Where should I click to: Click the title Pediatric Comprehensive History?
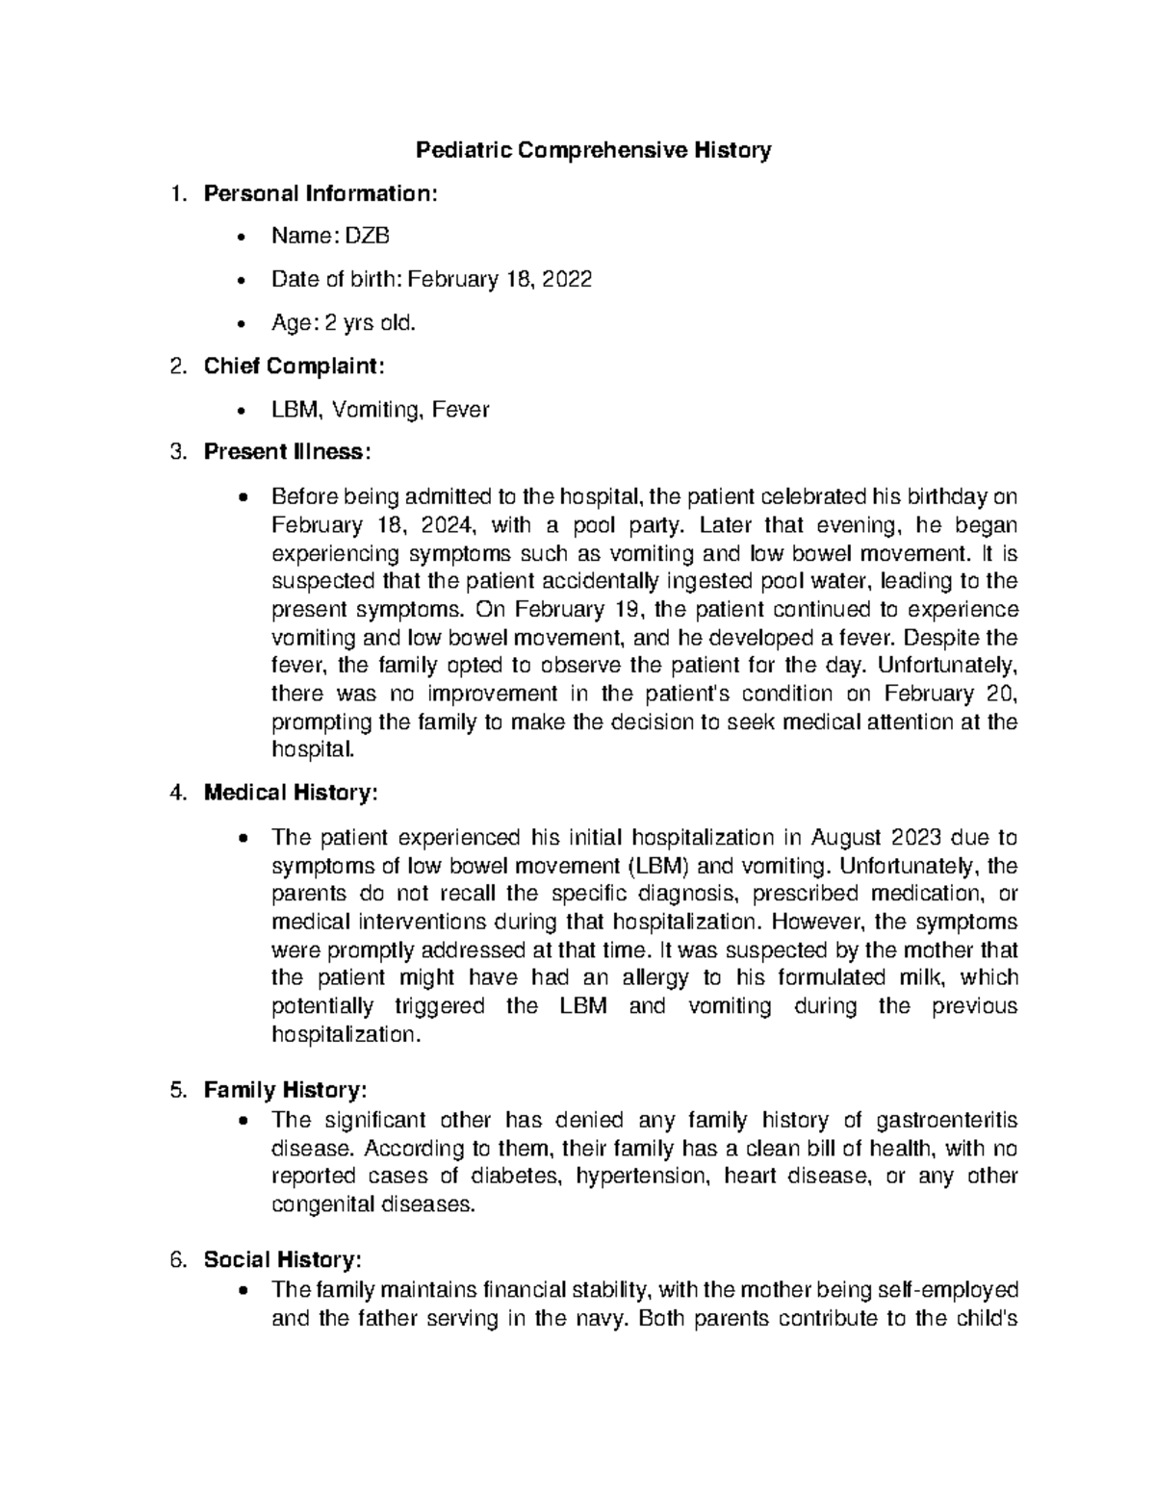pyautogui.click(x=593, y=150)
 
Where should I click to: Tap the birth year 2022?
pyautogui.click(x=567, y=279)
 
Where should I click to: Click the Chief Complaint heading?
pyautogui.click(x=294, y=367)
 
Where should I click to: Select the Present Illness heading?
pyautogui.click(x=287, y=452)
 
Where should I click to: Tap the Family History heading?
pyautogui.click(x=285, y=1091)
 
